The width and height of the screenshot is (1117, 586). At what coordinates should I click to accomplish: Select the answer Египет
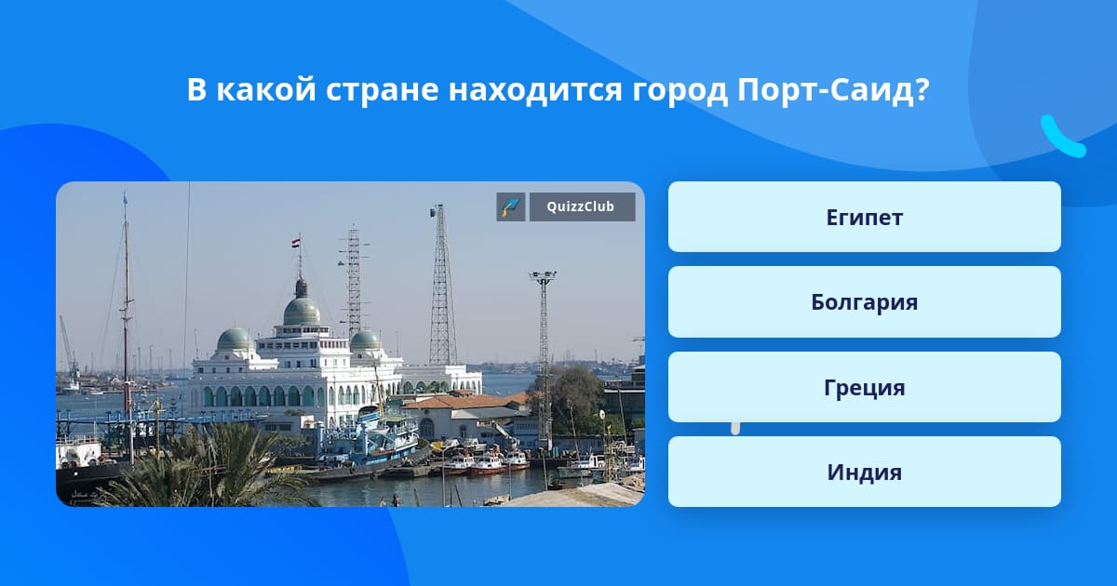point(864,217)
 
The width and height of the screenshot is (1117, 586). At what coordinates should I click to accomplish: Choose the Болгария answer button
point(864,302)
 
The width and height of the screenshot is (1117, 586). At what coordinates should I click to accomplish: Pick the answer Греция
point(864,387)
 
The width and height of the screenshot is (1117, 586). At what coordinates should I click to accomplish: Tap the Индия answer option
point(864,472)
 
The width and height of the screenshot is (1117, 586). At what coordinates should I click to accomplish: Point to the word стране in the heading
point(383,91)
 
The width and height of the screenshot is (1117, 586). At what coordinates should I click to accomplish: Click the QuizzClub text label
point(581,206)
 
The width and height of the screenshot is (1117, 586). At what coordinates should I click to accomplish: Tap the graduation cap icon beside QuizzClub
point(511,206)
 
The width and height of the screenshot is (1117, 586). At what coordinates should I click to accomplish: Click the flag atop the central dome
point(296,243)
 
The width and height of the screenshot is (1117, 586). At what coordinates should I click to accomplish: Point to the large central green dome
point(302,311)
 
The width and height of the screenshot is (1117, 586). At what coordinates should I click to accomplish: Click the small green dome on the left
point(235,339)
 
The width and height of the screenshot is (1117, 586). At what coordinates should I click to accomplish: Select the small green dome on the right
point(366,340)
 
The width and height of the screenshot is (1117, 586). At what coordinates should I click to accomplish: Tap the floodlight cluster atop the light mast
point(543,275)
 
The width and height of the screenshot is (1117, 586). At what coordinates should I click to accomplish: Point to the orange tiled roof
point(466,401)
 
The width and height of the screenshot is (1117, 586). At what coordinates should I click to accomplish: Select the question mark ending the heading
point(922,88)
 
